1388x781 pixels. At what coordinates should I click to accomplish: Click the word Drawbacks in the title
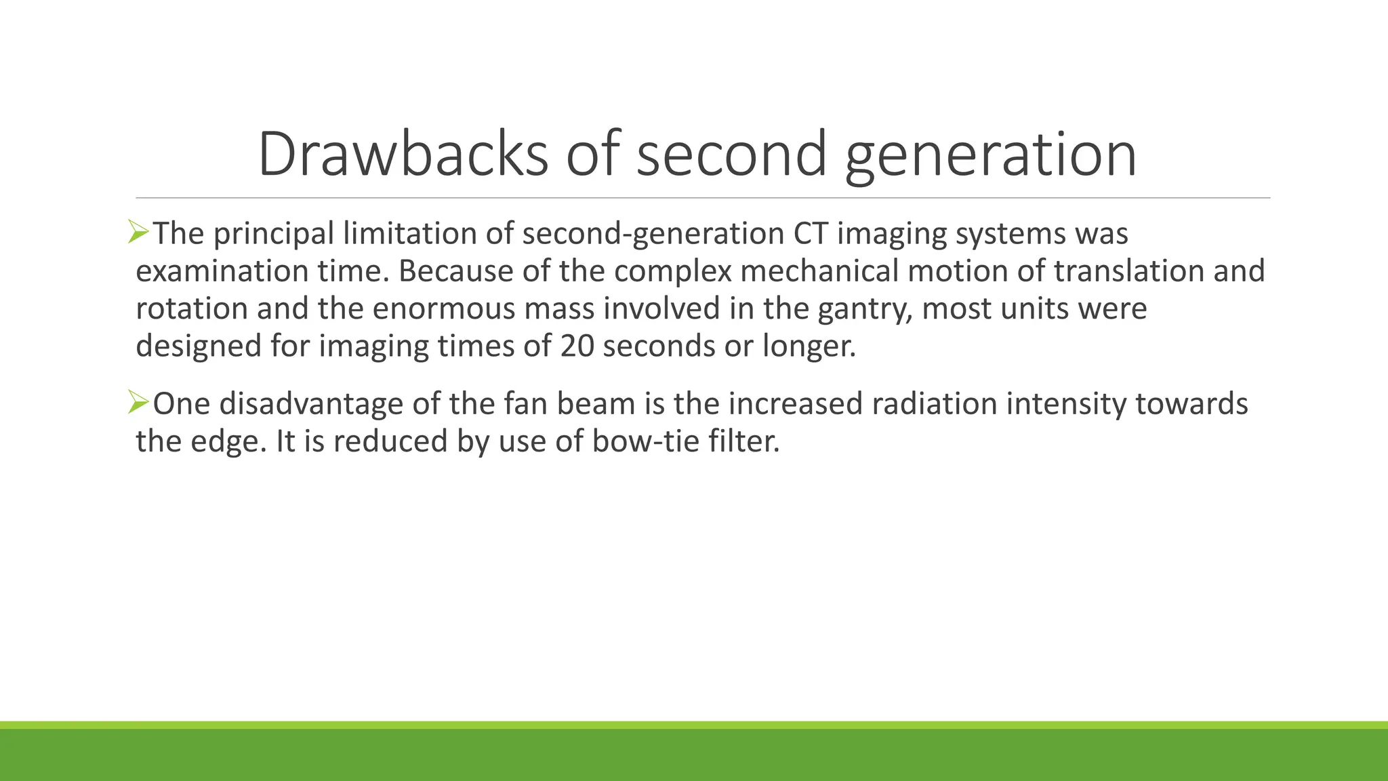403,154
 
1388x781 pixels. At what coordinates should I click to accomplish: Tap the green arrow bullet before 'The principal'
138,233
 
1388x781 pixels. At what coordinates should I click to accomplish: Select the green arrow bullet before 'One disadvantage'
138,403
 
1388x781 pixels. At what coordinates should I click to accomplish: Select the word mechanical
819,271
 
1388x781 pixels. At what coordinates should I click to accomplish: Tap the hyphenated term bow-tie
646,441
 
